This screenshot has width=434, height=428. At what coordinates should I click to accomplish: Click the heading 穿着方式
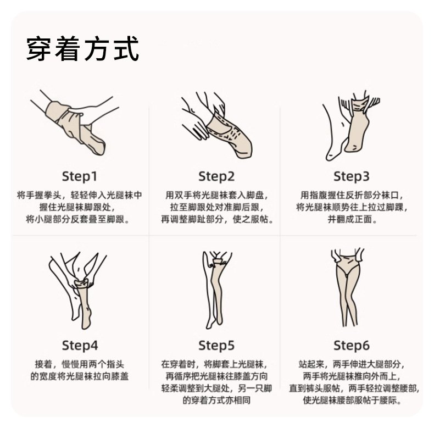coord(82,49)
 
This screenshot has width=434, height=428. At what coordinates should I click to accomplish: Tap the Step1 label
coord(80,176)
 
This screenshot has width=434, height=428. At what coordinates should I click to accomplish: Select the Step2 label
coord(216,176)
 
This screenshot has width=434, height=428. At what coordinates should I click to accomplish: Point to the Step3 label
coord(352,176)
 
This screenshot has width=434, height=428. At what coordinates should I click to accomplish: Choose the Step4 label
coord(80,345)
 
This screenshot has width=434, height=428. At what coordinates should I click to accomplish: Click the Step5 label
coord(216,345)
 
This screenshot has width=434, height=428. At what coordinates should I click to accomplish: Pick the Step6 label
coord(352,345)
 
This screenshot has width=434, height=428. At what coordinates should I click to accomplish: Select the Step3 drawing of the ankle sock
coord(352,126)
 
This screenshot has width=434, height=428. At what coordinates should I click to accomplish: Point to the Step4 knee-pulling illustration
coord(78,291)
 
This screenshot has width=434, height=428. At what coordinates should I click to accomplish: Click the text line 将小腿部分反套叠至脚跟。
coord(79,219)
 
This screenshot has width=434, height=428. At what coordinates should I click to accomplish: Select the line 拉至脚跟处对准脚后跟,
coord(217,207)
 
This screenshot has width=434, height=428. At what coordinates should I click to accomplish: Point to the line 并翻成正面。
coord(352,219)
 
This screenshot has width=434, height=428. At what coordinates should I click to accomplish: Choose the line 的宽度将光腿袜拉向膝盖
coord(80,376)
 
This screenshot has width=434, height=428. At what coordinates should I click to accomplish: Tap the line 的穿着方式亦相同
coord(216,400)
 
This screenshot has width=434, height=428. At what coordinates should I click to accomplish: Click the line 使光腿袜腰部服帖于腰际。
coord(352,400)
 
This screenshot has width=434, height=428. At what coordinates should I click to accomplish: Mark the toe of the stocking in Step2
coord(245,149)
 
